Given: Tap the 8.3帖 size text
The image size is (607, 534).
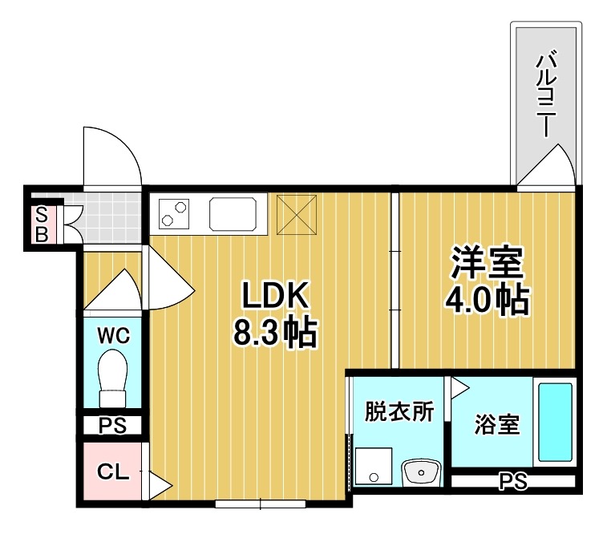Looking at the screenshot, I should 275,332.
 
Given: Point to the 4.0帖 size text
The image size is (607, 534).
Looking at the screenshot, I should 487,299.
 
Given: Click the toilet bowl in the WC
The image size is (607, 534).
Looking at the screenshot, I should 113,376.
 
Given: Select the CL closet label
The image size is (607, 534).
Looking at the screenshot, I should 113,472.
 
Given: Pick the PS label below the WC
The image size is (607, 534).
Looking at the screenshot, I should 113,426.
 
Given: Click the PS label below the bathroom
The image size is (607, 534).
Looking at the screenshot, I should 512,482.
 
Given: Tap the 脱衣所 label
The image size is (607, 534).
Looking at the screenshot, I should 399,411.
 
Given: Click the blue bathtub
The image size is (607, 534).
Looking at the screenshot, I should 554,422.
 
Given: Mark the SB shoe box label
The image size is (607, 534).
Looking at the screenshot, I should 42,224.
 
